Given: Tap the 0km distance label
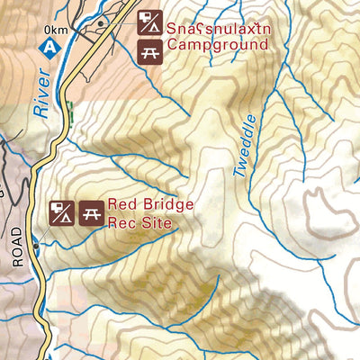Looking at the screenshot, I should click(55, 31).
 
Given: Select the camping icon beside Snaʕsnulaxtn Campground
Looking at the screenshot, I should click(149, 21).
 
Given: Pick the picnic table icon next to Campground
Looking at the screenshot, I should click(149, 51).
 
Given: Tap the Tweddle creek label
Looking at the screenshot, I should click(246, 145).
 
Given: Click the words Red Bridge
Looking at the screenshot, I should click(150, 204).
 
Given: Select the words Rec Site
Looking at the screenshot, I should click(138, 222).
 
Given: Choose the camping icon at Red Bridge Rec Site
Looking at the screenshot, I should click(60, 213).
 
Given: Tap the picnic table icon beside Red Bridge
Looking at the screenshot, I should click(89, 213).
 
